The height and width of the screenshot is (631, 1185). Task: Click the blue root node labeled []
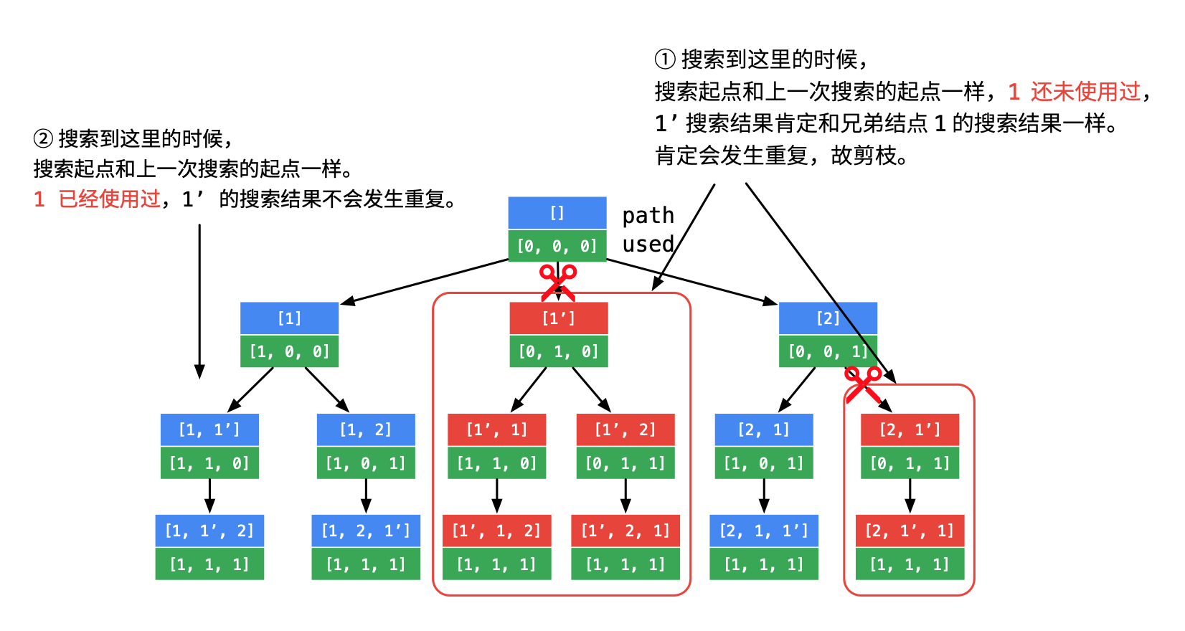(557, 213)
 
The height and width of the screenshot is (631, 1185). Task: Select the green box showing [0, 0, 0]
(557, 246)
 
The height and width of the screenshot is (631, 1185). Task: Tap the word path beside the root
(648, 215)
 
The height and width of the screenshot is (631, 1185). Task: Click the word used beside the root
(648, 245)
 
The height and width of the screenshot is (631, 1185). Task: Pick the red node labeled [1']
(559, 318)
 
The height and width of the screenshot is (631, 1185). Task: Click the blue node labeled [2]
(828, 318)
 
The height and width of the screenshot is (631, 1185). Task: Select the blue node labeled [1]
(289, 318)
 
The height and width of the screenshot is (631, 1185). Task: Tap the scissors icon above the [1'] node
(557, 282)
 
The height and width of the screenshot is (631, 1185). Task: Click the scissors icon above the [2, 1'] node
(862, 384)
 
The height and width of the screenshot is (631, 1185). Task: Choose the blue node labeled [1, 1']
(209, 430)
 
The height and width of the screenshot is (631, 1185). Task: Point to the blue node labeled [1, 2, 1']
(366, 531)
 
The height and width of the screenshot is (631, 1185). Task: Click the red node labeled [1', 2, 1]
(625, 531)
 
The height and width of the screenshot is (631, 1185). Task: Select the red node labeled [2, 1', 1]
(910, 531)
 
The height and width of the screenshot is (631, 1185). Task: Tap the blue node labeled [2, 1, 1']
(764, 531)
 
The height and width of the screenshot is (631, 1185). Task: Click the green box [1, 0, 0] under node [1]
(289, 351)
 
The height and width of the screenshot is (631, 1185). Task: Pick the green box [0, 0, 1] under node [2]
(828, 351)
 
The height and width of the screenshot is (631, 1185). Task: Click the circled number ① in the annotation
(665, 59)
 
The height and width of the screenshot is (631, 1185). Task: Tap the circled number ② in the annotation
(43, 138)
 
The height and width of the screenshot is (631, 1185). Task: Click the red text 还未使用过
(1085, 92)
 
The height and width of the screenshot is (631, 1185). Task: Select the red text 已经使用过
(109, 199)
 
